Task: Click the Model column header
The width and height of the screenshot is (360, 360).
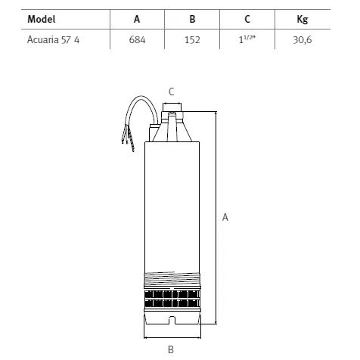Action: click(42, 19)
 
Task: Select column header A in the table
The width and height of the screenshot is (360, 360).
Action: click(137, 19)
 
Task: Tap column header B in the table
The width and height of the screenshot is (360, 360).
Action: click(192, 19)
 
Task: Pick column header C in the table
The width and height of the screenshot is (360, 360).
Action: click(247, 19)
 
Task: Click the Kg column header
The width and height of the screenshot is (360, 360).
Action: click(303, 20)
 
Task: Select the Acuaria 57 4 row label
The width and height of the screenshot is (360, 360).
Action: click(53, 40)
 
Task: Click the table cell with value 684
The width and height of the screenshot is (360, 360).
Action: click(137, 40)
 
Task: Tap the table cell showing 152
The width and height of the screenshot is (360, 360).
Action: click(192, 40)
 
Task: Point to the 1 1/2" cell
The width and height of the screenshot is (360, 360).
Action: click(247, 39)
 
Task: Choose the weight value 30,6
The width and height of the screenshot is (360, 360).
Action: click(303, 40)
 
